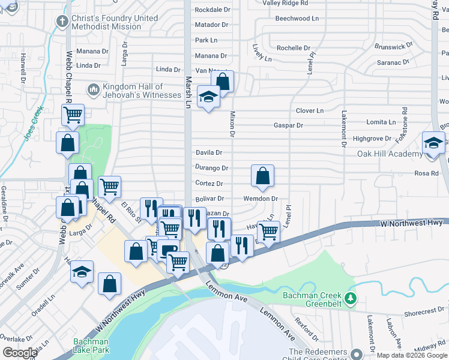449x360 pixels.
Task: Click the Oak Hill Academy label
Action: coord(390,154)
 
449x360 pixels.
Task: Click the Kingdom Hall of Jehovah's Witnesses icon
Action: coord(93,90)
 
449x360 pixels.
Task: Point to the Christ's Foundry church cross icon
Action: coord(61,22)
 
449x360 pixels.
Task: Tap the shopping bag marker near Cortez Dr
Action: coord(262,176)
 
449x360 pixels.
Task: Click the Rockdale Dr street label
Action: coord(212,10)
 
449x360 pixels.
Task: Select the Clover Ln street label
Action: coord(310,110)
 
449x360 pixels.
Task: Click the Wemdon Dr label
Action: coord(261,199)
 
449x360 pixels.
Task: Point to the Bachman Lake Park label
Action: coord(91,346)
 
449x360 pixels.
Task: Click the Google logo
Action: coord(20,353)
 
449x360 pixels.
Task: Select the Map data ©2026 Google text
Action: coord(411,355)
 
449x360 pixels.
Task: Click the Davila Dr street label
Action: coord(209,153)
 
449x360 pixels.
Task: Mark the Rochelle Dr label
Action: coord(294,48)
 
